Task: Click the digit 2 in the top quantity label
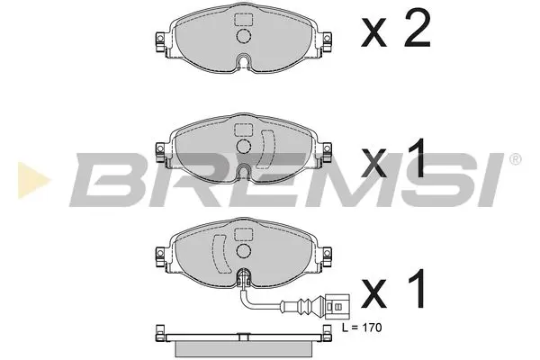[x=415, y=33]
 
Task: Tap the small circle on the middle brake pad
[x=241, y=146]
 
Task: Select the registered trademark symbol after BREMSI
[x=514, y=160]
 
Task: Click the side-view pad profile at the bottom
[x=241, y=346]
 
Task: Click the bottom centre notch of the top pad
[x=241, y=63]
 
